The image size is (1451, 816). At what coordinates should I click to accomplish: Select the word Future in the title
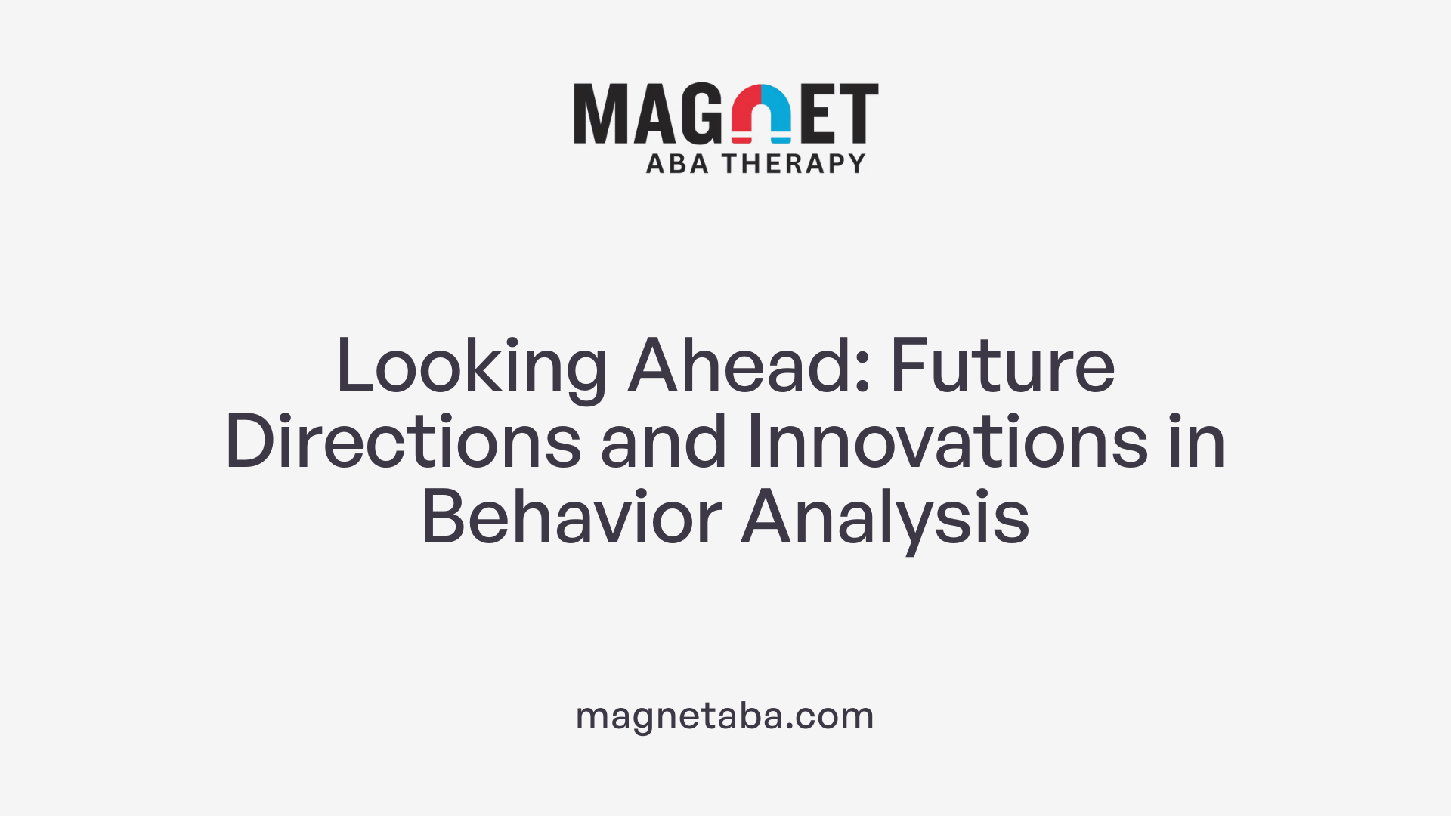click(x=1002, y=367)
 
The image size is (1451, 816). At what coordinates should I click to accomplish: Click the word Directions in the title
click(x=403, y=443)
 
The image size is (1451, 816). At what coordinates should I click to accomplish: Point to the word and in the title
click(x=663, y=443)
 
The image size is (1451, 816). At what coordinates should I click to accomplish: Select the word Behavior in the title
click(x=572, y=518)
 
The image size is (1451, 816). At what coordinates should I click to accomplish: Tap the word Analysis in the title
click(x=885, y=518)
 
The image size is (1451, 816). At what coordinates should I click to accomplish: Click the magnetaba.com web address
click(x=725, y=716)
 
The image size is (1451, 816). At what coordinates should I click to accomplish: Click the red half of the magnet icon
click(x=747, y=113)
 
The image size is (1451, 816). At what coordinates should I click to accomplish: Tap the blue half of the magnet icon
click(x=777, y=113)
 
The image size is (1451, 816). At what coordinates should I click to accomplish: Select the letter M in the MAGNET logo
click(x=601, y=113)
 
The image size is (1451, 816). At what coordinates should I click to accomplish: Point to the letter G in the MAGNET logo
click(x=701, y=113)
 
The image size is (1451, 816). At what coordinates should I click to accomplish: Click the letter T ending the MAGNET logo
click(x=858, y=113)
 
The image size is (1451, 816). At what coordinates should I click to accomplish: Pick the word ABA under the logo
click(x=677, y=164)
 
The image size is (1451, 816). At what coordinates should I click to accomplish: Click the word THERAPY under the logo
click(x=793, y=164)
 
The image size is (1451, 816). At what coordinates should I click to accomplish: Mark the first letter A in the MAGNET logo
click(x=651, y=113)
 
